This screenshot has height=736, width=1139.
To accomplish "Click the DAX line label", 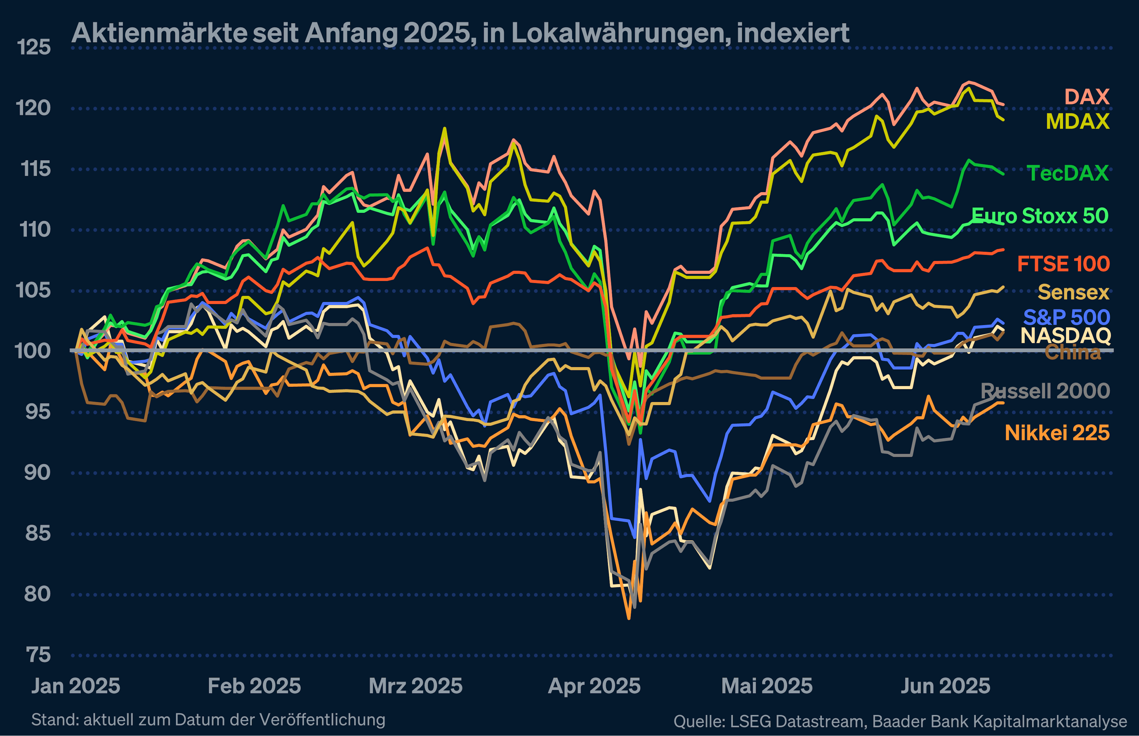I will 1086,97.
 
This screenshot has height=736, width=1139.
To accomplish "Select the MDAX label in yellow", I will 1077,122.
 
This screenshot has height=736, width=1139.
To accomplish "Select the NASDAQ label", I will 1065,336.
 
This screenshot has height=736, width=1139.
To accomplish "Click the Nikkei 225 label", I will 1057,433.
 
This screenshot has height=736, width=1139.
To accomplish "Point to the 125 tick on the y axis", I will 34,47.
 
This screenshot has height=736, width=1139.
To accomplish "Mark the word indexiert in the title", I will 792,33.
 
